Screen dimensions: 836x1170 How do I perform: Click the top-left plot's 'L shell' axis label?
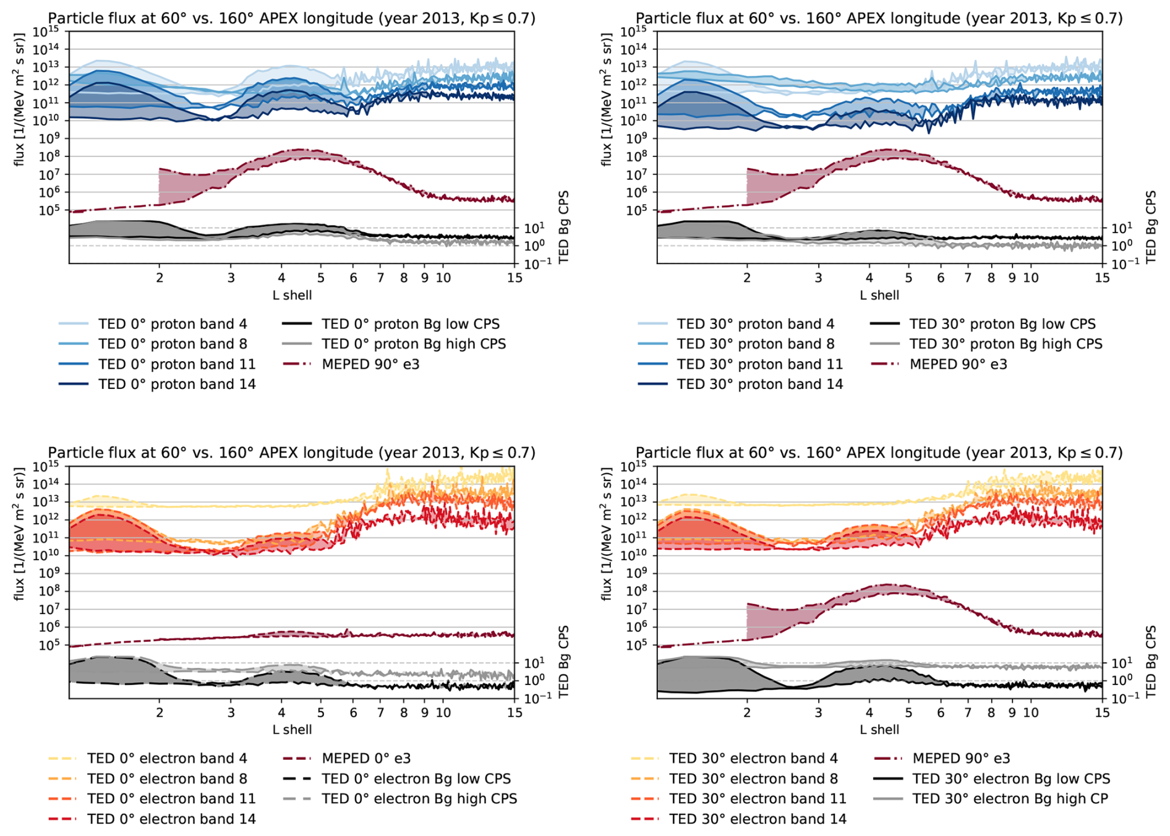[292, 295]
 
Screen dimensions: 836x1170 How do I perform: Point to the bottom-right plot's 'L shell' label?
[879, 730]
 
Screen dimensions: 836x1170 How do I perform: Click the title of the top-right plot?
[879, 18]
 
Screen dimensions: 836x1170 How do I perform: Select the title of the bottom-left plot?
[291, 453]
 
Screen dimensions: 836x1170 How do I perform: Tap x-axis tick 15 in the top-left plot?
[515, 278]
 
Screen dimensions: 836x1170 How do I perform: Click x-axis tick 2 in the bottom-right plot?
[747, 713]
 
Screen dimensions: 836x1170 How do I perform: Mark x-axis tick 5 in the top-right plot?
[908, 278]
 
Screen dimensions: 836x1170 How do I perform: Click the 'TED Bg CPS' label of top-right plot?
[1151, 227]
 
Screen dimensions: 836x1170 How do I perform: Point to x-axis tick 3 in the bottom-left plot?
[231, 713]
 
